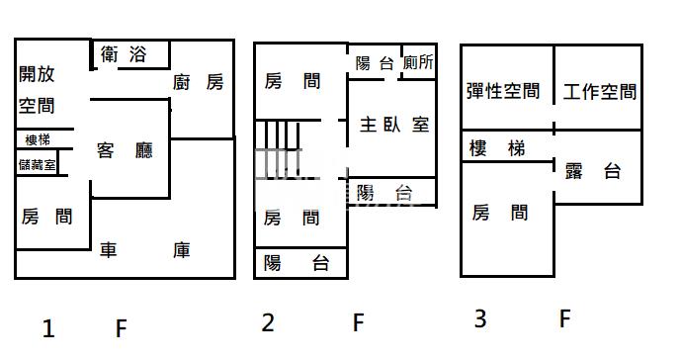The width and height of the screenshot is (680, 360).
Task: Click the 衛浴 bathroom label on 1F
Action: tap(124, 55)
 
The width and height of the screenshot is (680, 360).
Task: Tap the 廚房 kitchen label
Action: tap(198, 83)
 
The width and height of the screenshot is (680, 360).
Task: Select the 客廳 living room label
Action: tap(125, 150)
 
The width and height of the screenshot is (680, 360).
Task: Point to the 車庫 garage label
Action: tap(145, 250)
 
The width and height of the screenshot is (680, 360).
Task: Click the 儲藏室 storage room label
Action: tap(38, 164)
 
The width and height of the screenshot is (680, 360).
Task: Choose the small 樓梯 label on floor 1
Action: tap(37, 139)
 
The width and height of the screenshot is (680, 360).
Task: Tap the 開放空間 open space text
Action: tap(37, 90)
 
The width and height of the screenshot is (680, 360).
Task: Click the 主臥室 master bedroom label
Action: tap(393, 125)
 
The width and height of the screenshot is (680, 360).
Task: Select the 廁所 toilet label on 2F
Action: tap(419, 62)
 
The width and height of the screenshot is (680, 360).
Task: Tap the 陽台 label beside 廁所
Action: tap(375, 63)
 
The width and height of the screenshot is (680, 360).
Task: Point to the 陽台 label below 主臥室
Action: tap(384, 192)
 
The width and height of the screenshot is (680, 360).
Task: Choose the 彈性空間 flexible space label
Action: tap(503, 92)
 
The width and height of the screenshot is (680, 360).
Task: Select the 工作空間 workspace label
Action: tap(600, 93)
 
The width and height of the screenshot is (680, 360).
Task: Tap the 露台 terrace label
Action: tap(593, 171)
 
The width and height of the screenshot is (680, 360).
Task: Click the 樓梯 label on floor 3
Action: tap(497, 148)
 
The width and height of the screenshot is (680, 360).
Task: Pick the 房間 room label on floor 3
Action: tap(499, 212)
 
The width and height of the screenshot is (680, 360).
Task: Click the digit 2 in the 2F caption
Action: tap(267, 322)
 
